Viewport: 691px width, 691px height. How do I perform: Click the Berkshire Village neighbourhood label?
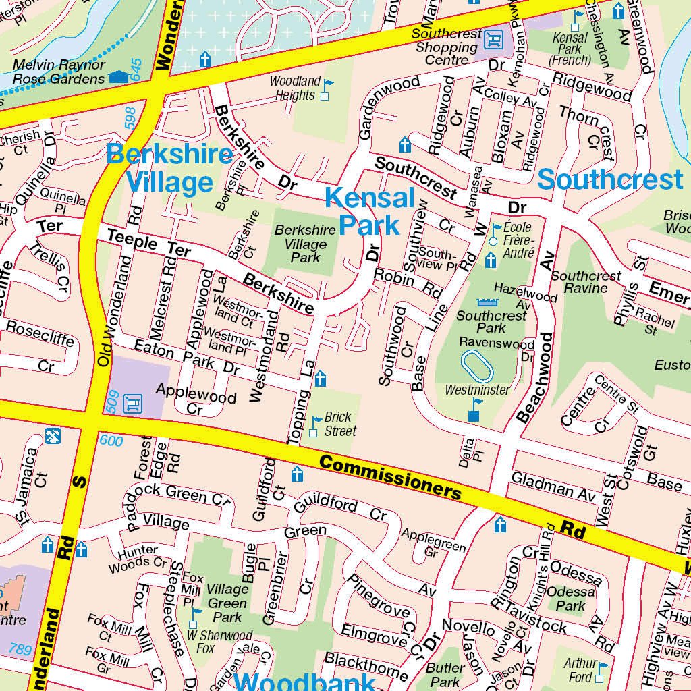(169, 169)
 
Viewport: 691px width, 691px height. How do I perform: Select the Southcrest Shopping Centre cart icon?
(495, 40)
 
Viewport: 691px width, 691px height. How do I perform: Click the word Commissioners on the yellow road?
(390, 476)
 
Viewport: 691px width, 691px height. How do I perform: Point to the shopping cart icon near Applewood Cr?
(133, 403)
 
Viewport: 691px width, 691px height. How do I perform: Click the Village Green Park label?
(227, 603)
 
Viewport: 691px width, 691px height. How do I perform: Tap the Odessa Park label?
(571, 599)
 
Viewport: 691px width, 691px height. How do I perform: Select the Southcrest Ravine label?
(586, 282)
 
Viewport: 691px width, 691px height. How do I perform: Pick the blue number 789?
(20, 650)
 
